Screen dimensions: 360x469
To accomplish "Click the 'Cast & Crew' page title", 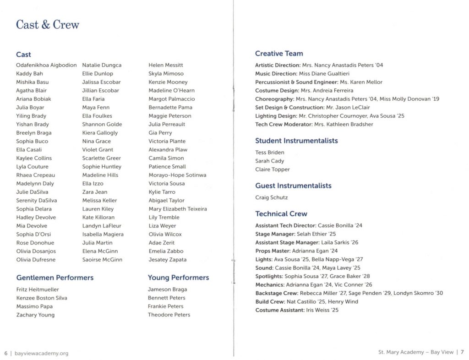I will (48, 24).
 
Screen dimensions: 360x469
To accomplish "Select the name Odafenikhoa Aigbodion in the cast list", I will (46, 65).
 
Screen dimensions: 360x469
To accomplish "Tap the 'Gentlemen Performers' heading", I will (55, 278).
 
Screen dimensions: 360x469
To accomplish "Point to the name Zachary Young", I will (35, 315).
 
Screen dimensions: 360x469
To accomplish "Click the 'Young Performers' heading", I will (178, 278).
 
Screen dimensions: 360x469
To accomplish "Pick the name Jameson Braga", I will (167, 289).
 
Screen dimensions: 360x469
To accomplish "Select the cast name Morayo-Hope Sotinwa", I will (177, 175).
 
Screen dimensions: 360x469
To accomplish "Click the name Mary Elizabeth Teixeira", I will (178, 209).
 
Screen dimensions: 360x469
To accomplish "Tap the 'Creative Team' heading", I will (279, 54).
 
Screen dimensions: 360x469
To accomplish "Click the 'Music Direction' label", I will (276, 73).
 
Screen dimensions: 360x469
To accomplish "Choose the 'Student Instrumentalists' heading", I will (296, 141).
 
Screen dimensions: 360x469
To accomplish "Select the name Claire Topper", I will (273, 169).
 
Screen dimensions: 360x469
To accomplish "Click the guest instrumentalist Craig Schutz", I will (272, 197).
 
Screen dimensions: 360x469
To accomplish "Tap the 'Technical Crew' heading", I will (281, 214).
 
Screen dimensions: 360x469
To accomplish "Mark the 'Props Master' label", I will (273, 251).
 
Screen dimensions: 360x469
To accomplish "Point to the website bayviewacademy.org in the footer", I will (42, 353).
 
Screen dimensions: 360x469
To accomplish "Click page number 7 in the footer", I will (463, 352).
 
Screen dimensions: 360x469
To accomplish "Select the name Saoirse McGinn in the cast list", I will (102, 260).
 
